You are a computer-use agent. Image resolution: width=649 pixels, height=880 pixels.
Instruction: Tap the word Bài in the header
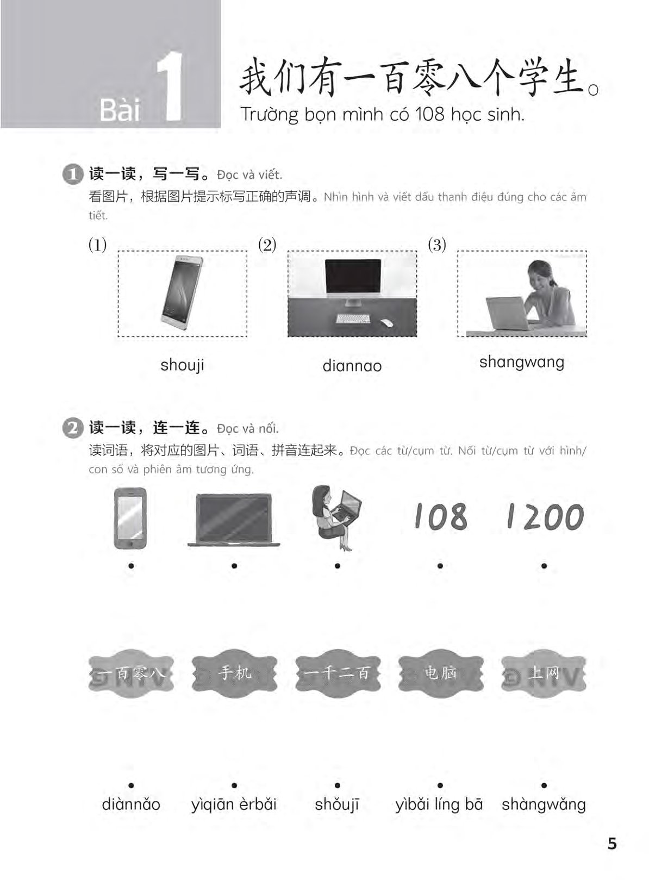click(x=120, y=110)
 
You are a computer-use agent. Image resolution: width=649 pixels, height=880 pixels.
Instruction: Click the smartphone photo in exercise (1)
click(x=182, y=292)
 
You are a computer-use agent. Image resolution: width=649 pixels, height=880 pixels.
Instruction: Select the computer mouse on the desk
click(x=386, y=322)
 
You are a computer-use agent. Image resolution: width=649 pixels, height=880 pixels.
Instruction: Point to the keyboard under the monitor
click(x=353, y=319)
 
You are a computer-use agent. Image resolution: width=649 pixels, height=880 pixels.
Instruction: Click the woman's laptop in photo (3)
click(x=508, y=314)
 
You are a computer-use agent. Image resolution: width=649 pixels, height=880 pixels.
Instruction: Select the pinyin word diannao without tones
click(x=352, y=366)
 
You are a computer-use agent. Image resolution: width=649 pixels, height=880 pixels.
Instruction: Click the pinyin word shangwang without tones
click(x=522, y=363)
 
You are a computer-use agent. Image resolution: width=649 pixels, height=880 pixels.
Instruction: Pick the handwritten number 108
click(x=441, y=516)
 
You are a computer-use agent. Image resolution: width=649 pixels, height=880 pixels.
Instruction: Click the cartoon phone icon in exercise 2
click(x=130, y=518)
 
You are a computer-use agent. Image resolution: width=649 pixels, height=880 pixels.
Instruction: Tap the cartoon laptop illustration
click(x=234, y=520)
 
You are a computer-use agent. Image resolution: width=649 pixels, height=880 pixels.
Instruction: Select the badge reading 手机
click(x=234, y=673)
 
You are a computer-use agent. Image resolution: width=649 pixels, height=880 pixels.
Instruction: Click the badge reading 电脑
click(x=441, y=673)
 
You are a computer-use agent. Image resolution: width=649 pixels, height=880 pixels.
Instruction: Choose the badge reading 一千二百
click(x=338, y=673)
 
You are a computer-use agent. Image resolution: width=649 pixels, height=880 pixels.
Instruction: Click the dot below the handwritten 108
click(x=440, y=566)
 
